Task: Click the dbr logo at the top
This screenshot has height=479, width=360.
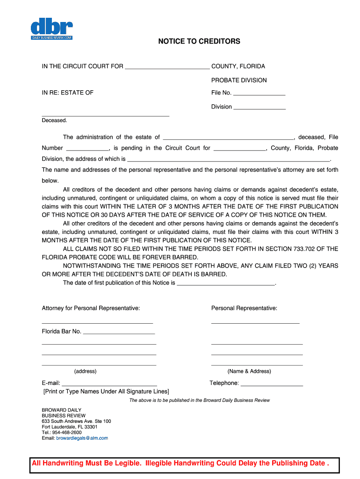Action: tap(51, 29)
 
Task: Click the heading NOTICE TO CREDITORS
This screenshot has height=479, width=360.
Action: tap(199, 42)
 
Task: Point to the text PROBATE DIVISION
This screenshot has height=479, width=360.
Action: tap(239, 80)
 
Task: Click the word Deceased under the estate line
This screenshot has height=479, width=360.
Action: tap(55, 120)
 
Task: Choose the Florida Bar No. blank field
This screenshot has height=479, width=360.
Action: tap(119, 332)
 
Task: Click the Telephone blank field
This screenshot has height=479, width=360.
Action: tap(272, 384)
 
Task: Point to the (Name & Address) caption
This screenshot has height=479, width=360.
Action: tap(249, 371)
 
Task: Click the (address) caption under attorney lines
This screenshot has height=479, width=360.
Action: tap(85, 371)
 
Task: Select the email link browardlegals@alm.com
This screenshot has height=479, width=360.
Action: tap(82, 438)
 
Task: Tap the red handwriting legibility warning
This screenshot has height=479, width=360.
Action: tap(180, 464)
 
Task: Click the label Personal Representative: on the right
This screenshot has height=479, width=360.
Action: tap(244, 308)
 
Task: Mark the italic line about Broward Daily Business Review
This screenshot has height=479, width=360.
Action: tap(199, 400)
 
